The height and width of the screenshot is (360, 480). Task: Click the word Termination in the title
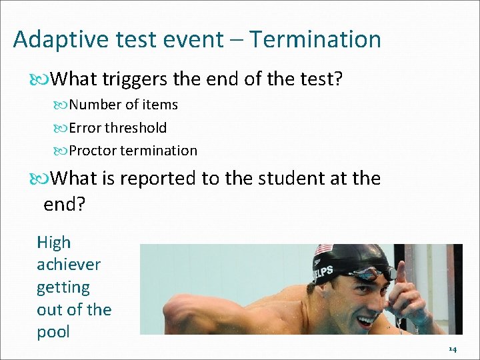(315, 39)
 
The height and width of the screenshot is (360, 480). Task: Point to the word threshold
(137, 127)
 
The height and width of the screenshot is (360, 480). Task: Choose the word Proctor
(93, 151)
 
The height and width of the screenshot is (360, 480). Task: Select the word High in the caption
(53, 243)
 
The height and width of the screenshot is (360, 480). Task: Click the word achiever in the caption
(69, 265)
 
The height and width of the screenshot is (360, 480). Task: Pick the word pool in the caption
(53, 332)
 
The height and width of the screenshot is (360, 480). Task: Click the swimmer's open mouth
(366, 320)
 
